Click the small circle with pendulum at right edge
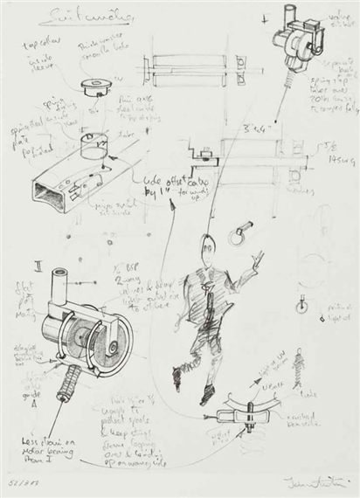301,308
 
